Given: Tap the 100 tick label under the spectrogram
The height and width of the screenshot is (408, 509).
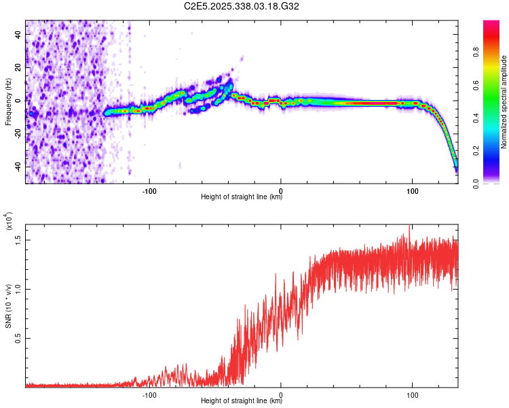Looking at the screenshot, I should coord(412,190).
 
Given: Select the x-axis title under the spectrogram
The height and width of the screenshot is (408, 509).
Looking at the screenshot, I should coord(242,198).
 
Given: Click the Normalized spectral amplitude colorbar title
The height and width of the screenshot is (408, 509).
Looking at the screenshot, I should coord(504,102).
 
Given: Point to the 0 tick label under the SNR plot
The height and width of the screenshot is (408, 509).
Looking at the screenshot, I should coord(281,394).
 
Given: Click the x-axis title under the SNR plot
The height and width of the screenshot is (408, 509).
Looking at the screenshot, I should coord(242,401).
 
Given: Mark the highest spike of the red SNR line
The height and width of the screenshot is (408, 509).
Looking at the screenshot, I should coord(409,226).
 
